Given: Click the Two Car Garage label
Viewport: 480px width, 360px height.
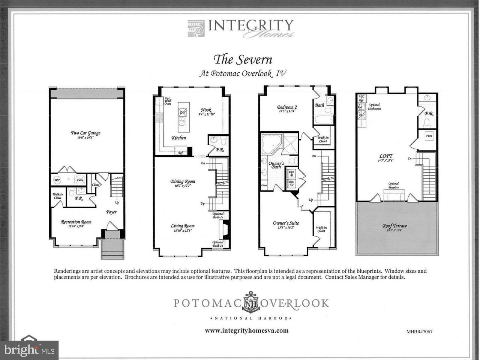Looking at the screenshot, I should [86, 133].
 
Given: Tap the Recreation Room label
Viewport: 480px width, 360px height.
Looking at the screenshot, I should [76, 222].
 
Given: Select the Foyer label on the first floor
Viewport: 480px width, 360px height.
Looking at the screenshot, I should [111, 212].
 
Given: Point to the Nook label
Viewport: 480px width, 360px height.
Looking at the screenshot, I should [206, 110].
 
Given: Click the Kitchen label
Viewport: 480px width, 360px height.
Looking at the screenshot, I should [179, 138].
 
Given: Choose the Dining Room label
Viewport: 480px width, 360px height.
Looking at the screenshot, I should [183, 181].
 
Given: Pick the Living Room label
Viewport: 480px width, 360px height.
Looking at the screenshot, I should [183, 226].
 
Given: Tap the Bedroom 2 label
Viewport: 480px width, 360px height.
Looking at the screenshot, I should [287, 107].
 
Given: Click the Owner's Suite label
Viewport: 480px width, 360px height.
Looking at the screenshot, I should [286, 223].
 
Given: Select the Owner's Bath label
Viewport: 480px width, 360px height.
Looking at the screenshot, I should [276, 165].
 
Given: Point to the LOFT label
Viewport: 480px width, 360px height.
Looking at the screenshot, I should [386, 156].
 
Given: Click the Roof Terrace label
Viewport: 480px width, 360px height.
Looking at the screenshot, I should [394, 226].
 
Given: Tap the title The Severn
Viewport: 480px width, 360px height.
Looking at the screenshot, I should [243, 59].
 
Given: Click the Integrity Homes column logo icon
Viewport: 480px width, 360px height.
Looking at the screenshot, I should [196, 28].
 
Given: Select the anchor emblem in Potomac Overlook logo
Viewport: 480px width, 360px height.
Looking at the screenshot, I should [250, 302].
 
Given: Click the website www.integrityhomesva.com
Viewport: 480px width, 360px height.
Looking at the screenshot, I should [246, 330].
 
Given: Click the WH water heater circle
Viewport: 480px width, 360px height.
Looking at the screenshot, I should [57, 180].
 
